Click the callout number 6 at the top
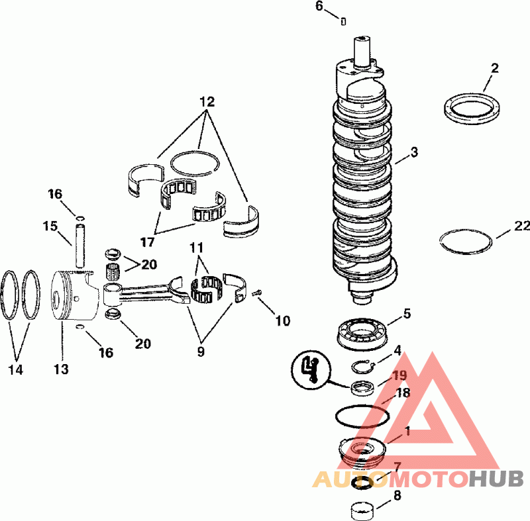click(x=319, y=6)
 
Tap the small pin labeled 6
click(x=343, y=21)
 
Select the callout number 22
click(x=522, y=226)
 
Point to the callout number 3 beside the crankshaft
click(x=415, y=152)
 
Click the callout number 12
click(x=207, y=101)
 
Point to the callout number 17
click(x=147, y=242)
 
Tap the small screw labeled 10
click(x=258, y=293)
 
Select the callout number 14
click(x=15, y=369)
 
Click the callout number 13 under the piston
click(x=61, y=369)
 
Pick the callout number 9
click(x=201, y=352)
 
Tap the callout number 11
click(x=197, y=248)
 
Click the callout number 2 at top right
click(x=494, y=68)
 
